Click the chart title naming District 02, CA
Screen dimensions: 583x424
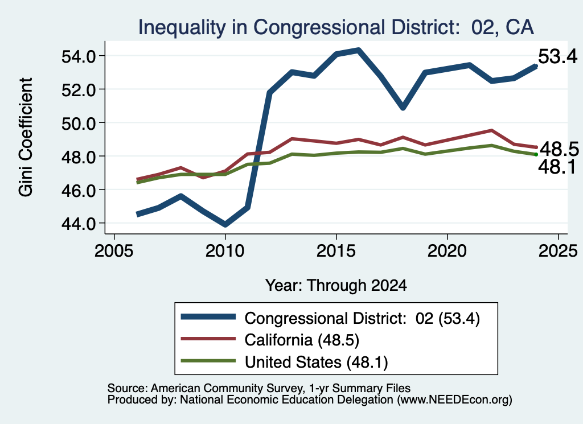point(336,27)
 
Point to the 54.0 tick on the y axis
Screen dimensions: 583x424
point(78,56)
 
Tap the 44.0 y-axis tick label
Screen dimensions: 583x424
point(78,224)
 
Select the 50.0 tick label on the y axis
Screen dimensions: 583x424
point(78,124)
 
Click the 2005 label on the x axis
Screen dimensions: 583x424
point(114,251)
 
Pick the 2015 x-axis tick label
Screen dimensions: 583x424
point(336,251)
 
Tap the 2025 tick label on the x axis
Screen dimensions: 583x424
point(558,251)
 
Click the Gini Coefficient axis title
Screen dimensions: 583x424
point(26,137)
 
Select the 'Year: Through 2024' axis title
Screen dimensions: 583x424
point(336,285)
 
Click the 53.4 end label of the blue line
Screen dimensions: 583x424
point(558,56)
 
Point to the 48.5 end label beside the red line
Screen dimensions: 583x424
point(559,149)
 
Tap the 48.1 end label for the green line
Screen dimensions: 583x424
point(557,167)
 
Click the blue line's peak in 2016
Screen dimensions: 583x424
point(359,50)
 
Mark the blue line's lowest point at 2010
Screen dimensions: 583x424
point(225,224)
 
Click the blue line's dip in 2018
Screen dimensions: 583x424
point(403,108)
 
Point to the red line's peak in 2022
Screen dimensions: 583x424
point(491,130)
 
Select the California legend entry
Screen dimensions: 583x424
point(270,340)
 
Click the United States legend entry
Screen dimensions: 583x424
point(285,362)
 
